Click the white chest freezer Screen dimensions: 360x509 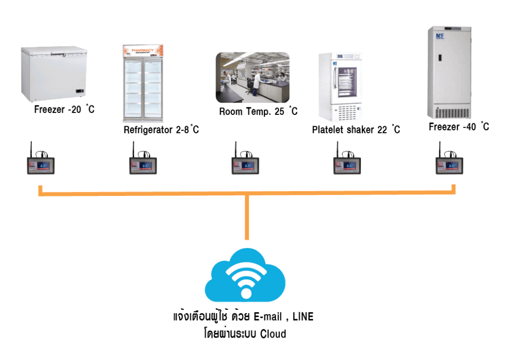pyautogui.click(x=54, y=74)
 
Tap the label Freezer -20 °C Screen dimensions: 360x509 pyautogui.click(x=64, y=109)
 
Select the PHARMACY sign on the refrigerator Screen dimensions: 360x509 pyautogui.click(x=143, y=51)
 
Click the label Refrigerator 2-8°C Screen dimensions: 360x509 pyautogui.click(x=161, y=130)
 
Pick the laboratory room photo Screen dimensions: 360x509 pyautogui.click(x=253, y=77)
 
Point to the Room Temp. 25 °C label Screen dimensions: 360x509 pyautogui.click(x=258, y=111)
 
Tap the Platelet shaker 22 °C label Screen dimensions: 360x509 pyautogui.click(x=356, y=130)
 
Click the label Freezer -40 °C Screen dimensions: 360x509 pyautogui.click(x=459, y=127)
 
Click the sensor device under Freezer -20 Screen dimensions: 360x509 pyautogui.click(x=41, y=163)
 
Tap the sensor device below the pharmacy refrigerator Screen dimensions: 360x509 pyautogui.click(x=143, y=163)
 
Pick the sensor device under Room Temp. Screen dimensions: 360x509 pyautogui.click(x=245, y=163)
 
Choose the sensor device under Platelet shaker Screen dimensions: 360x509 pyautogui.click(x=346, y=163)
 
